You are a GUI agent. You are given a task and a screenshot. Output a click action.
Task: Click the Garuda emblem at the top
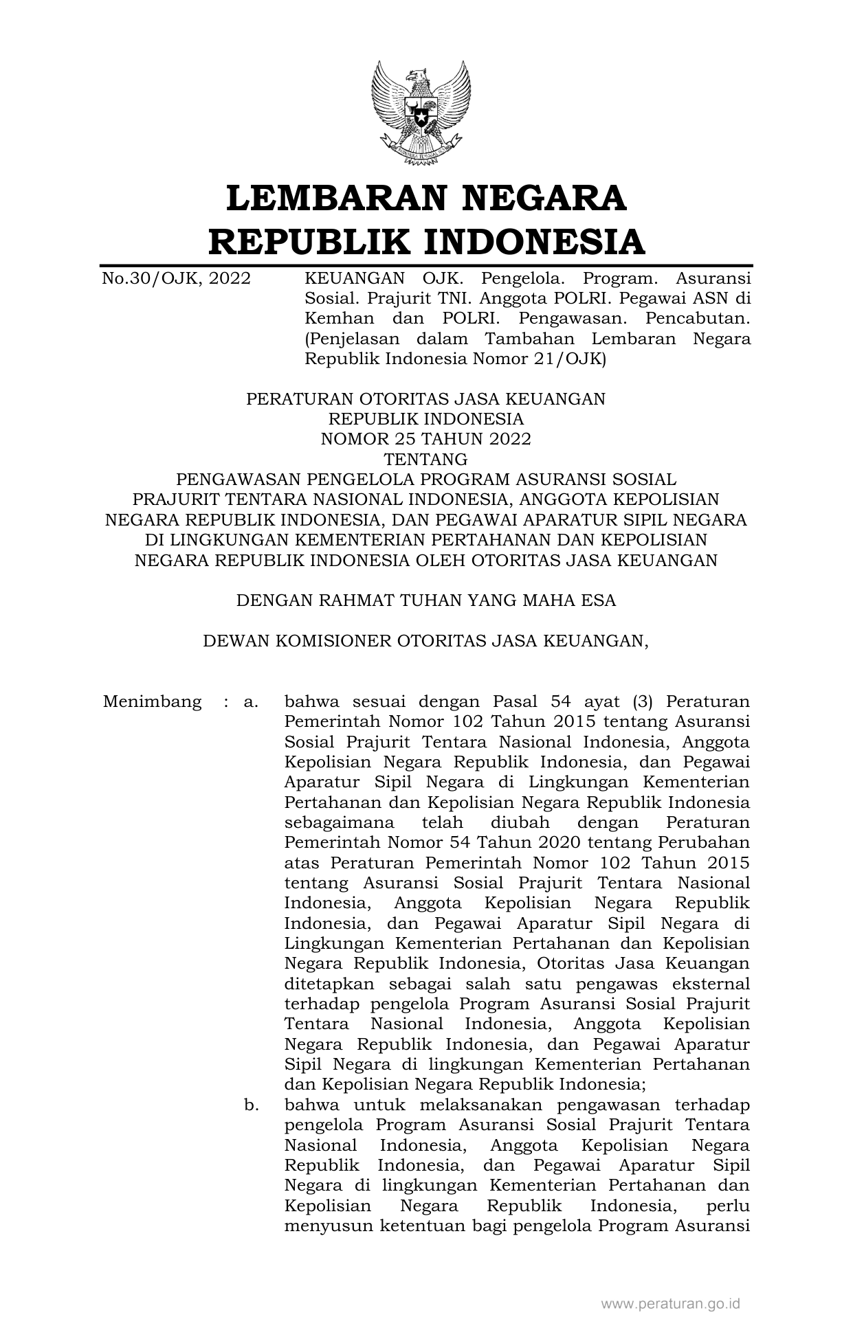420,113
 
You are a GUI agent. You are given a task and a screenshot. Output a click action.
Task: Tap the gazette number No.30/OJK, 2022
176,279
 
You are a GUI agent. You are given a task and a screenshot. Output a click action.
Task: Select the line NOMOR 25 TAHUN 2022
425,439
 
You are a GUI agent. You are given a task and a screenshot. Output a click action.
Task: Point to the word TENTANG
425,459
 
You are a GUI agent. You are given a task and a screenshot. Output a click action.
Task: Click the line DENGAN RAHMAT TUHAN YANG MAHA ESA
425,601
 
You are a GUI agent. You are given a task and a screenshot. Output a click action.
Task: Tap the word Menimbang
152,702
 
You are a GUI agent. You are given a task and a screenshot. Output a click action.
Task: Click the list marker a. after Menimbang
250,702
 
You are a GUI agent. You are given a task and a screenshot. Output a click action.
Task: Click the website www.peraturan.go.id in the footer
671,1303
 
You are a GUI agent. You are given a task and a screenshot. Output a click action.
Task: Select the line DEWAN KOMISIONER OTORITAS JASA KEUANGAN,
425,641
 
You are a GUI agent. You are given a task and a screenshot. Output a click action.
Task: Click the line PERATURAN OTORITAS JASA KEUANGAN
425,399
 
